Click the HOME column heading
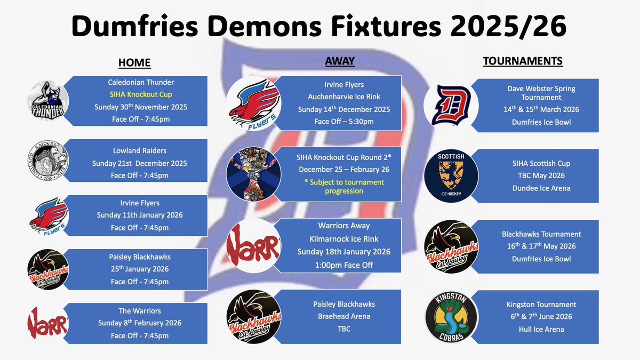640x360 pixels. point(134,63)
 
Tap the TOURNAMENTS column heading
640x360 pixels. point(523,61)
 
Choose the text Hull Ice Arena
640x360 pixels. point(541,329)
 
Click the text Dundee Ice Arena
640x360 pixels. point(541,188)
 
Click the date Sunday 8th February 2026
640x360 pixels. point(139,323)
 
